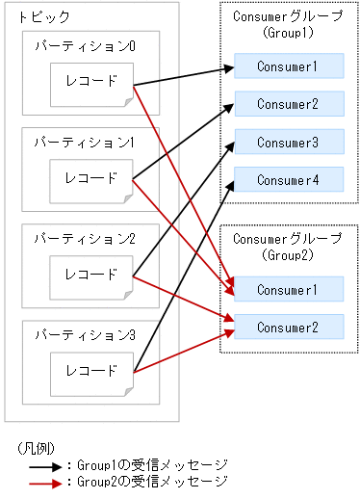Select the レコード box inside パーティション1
pyautogui.click(x=90, y=177)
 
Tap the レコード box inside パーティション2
pyautogui.click(x=90, y=274)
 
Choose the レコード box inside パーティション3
pyautogui.click(x=90, y=370)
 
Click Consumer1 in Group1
pyautogui.click(x=289, y=66)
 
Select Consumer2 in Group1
pyautogui.click(x=289, y=103)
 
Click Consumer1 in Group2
pyautogui.click(x=289, y=289)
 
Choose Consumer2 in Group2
pyautogui.click(x=289, y=327)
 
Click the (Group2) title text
pyautogui.click(x=289, y=255)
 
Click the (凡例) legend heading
pyautogui.click(x=36, y=448)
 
